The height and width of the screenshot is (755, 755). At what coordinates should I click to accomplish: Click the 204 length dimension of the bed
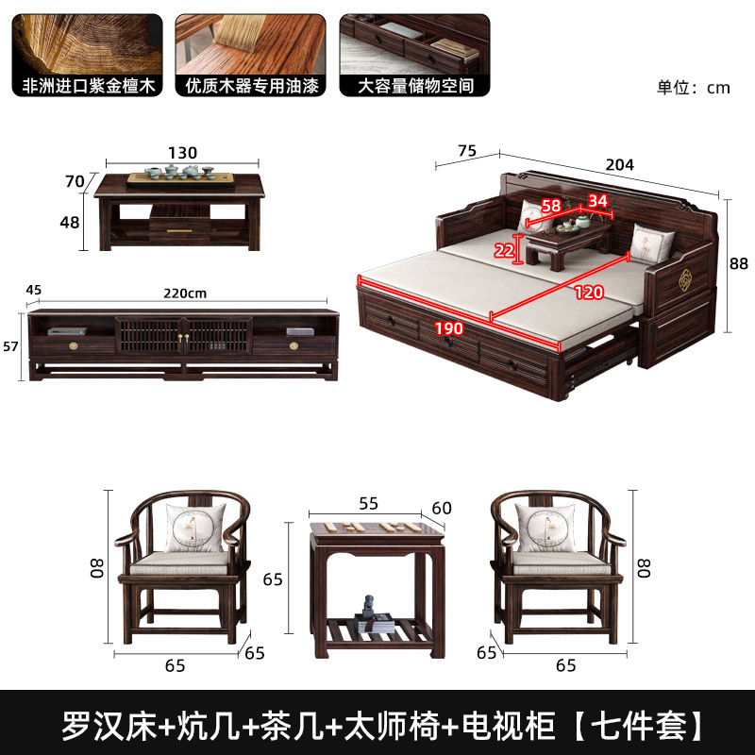pos(619,163)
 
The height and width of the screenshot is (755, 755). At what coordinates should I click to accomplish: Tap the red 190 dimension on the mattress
pos(449,329)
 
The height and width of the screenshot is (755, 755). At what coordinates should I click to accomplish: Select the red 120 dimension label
pos(589,293)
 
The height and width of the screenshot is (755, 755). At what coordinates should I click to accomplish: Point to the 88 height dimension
pos(739,264)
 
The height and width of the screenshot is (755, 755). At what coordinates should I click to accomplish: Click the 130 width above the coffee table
pos(182,153)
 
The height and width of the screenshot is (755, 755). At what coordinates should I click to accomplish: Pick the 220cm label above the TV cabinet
pos(185,293)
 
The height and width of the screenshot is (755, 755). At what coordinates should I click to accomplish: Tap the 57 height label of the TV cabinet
pos(11,346)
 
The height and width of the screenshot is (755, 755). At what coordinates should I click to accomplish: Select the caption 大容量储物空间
pos(415,86)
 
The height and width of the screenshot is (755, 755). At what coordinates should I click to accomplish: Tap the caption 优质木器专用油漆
pos(252,86)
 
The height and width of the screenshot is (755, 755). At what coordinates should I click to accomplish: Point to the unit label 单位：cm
pos(694,87)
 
